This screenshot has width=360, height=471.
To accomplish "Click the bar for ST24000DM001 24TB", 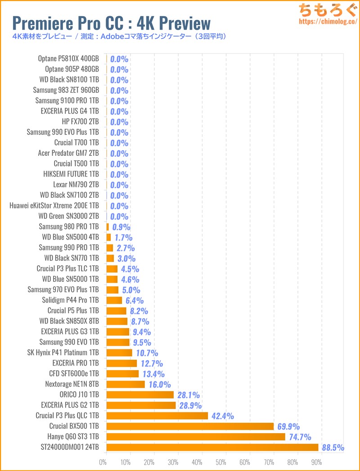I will pos(212,447).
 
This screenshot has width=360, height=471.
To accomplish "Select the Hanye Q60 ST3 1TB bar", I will pos(196,436).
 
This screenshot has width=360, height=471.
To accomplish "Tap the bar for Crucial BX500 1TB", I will pos(190,426).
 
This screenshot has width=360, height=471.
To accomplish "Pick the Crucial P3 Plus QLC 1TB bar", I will pos(157,416).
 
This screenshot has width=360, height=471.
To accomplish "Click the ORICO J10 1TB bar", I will pos(140,394).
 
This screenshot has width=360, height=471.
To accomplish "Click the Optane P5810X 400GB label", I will pos(68,59).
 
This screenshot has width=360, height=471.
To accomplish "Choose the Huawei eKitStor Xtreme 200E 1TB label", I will pos(54,206).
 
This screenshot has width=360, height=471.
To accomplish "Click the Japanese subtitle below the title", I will pos(119,36).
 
